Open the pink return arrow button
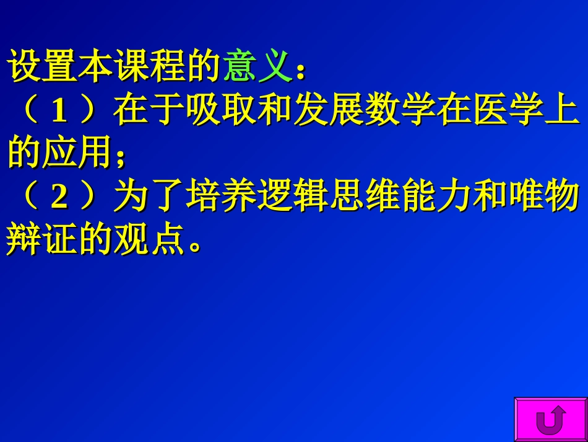550,420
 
